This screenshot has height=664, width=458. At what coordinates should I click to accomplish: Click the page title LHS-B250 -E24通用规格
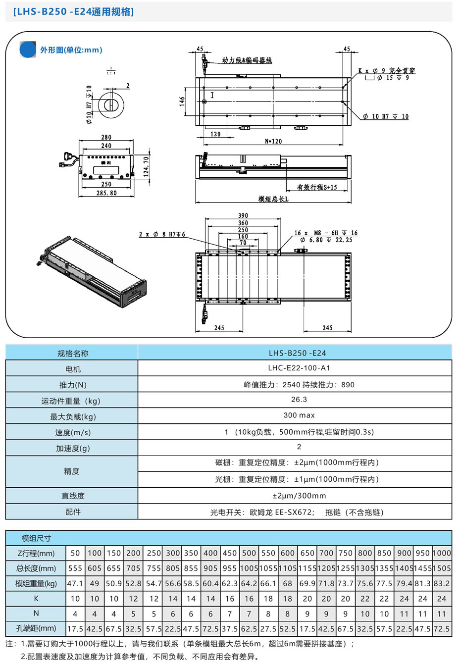(73, 12)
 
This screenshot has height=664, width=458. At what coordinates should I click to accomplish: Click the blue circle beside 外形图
(28, 50)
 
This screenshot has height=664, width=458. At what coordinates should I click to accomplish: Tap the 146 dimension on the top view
(182, 101)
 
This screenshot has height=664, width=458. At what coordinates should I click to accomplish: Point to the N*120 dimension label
(273, 141)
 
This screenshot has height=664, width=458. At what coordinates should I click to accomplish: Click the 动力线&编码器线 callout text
(247, 60)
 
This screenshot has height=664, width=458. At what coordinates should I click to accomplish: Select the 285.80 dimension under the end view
(106, 193)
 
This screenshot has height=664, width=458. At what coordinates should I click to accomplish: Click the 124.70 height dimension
(146, 166)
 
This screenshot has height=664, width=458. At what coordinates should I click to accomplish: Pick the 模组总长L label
(273, 199)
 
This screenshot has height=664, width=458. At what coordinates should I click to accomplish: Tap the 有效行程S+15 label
(317, 187)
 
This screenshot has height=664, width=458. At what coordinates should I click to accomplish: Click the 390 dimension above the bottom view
(243, 215)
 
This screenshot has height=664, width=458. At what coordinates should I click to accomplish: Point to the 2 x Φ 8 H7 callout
(162, 234)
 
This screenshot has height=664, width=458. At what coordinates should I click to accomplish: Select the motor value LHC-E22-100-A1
(299, 368)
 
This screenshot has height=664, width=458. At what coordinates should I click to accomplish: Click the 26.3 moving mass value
(299, 399)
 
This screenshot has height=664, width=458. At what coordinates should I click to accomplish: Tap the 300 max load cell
(299, 415)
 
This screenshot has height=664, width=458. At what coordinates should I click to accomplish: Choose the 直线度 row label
(72, 496)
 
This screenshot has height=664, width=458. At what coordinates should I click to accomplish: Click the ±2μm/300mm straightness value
(299, 496)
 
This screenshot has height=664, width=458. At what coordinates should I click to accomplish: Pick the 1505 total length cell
(442, 568)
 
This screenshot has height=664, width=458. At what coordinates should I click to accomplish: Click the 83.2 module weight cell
(442, 584)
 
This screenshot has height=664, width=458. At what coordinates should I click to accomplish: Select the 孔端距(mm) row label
(36, 628)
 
